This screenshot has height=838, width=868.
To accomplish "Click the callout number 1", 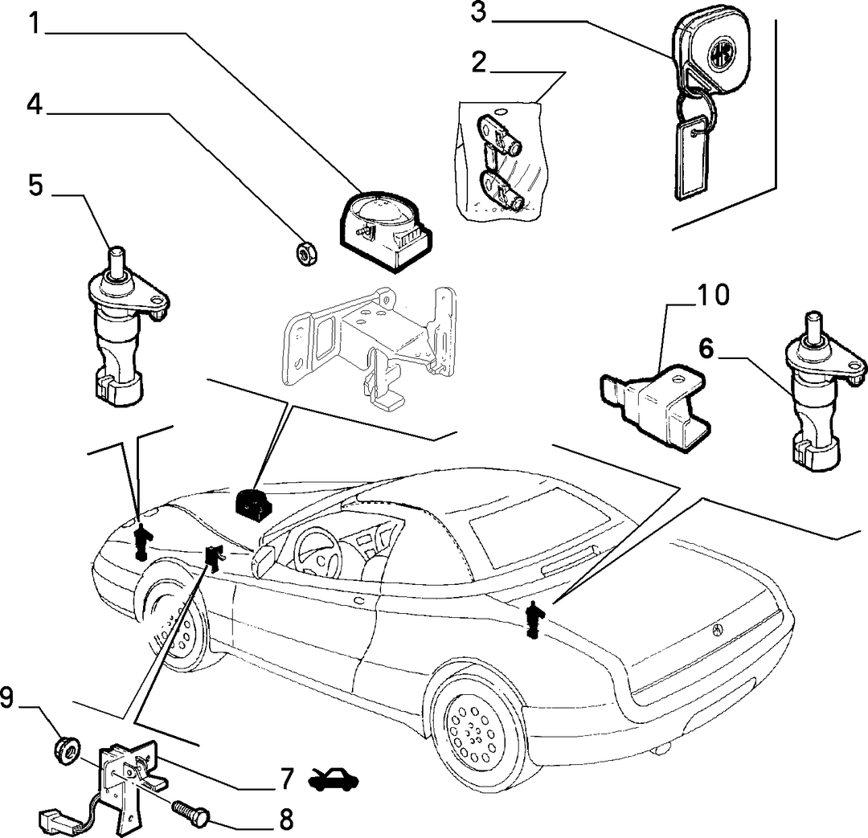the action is pyautogui.click(x=35, y=23).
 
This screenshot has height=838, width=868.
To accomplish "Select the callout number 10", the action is pyautogui.click(x=713, y=295).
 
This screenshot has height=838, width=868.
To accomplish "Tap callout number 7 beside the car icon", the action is pyautogui.click(x=285, y=779).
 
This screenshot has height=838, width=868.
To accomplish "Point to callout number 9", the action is pyautogui.click(x=6, y=697).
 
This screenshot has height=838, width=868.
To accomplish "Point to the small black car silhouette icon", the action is pyautogui.click(x=334, y=780).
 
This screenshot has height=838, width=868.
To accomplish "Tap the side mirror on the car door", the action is pyautogui.click(x=264, y=559).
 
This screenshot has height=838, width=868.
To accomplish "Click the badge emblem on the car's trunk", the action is pyautogui.click(x=718, y=629).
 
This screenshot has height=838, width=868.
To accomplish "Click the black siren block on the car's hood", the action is pyautogui.click(x=254, y=505).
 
